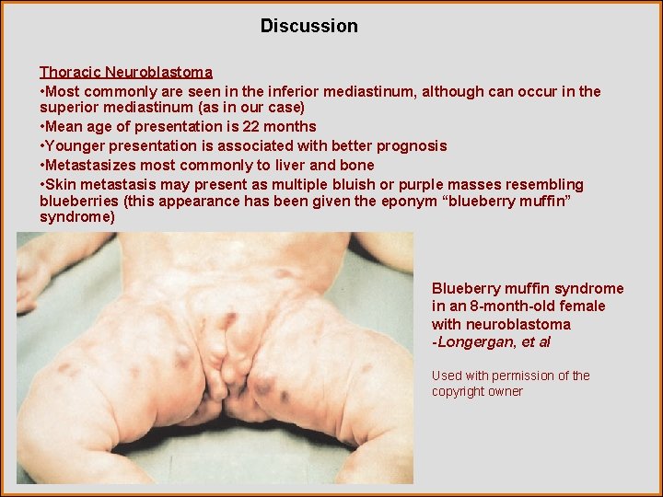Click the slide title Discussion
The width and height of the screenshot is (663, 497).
[308, 26]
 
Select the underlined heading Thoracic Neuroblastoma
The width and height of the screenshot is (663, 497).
[126, 72]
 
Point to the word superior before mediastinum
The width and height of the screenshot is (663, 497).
[71, 108]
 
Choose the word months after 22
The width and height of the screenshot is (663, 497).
[293, 126]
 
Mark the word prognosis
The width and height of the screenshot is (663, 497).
[412, 145]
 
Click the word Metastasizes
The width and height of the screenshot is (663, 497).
[88, 165]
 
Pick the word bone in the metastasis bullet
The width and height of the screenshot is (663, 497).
[357, 165]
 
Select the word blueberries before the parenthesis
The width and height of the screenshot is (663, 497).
[78, 201]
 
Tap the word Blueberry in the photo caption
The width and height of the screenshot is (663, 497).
[469, 288]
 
